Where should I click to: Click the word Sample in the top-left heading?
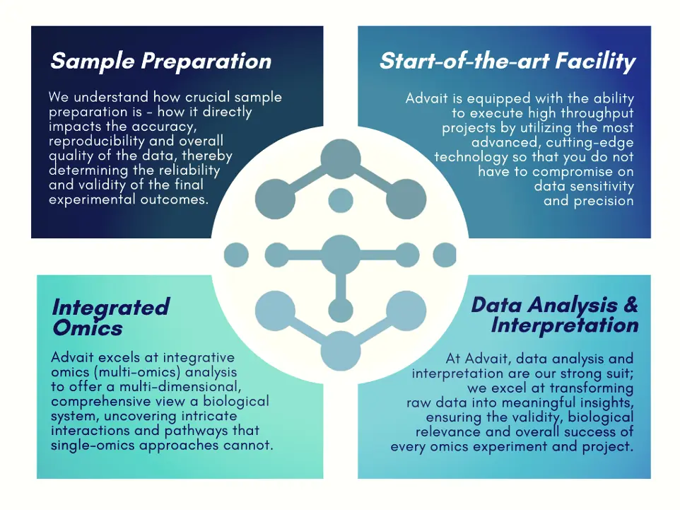coord(93,62)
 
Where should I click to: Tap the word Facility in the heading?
coord(595,62)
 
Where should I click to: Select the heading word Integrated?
coord(110,308)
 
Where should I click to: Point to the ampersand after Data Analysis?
coord(631,304)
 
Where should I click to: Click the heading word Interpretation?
coord(565,325)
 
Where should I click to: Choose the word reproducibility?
coord(97,141)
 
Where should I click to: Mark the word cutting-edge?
coord(590,143)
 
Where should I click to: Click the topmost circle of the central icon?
coord(341,159)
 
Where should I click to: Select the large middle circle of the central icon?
coord(341,255)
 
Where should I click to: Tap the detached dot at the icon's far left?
coord(236,255)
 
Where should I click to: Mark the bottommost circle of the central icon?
coord(341,351)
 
